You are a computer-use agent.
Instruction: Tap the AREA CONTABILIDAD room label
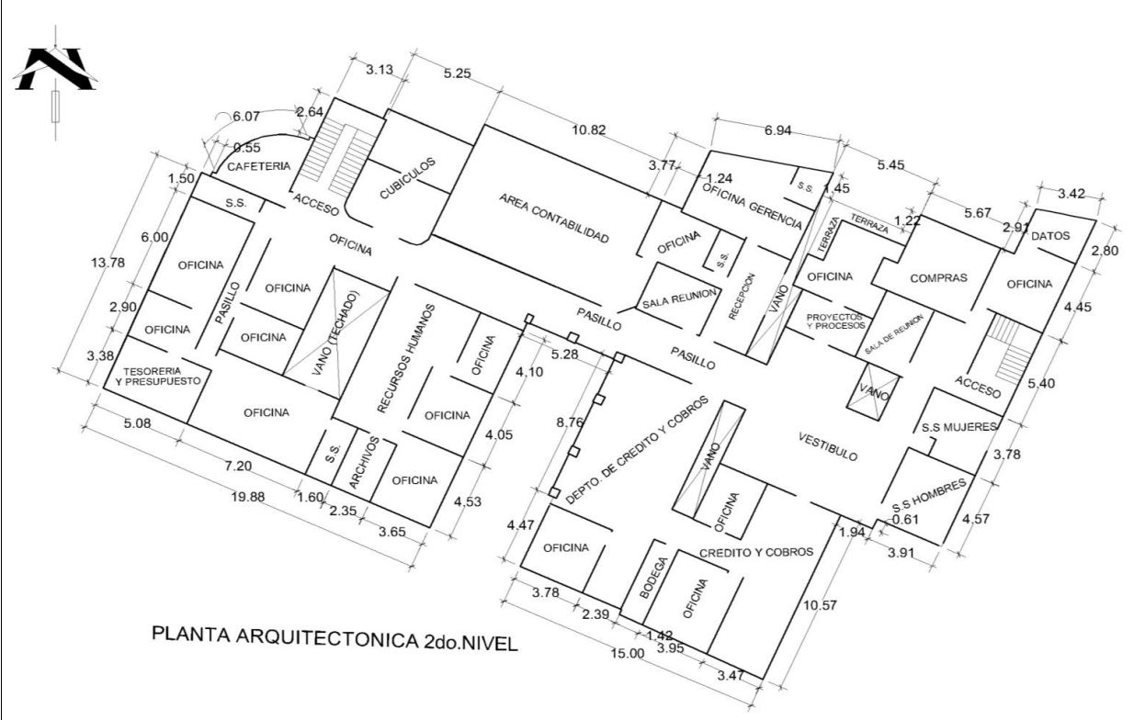pyautogui.click(x=554, y=218)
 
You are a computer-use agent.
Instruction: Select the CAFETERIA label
pyautogui.click(x=258, y=166)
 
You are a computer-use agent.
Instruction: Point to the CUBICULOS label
pyautogui.click(x=407, y=178)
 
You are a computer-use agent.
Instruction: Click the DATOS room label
pyautogui.click(x=1050, y=235)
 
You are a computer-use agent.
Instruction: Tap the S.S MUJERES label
pyautogui.click(x=959, y=427)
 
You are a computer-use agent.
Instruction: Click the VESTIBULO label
pyautogui.click(x=828, y=445)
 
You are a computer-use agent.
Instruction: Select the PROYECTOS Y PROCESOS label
pyautogui.click(x=835, y=321)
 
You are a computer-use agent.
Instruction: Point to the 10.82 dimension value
pyautogui.click(x=588, y=130)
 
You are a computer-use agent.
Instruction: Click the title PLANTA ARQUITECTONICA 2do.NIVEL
pyautogui.click(x=334, y=637)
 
